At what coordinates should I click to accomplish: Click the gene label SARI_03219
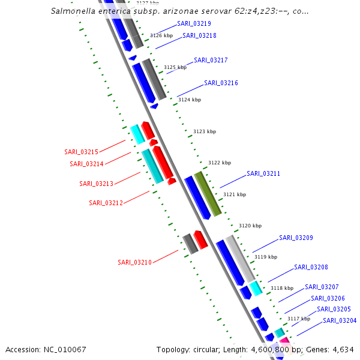pyautogui.click(x=194, y=24)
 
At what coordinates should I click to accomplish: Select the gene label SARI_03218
pyautogui.click(x=199, y=35)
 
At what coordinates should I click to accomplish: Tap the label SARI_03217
pyautogui.click(x=211, y=60)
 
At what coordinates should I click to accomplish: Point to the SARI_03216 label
pyautogui.click(x=221, y=83)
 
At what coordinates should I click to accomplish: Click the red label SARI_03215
pyautogui.click(x=81, y=152)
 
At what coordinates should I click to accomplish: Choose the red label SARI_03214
pyautogui.click(x=86, y=164)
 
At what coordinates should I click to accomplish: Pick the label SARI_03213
pyautogui.click(x=96, y=184)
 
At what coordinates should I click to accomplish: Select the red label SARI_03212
pyautogui.click(x=106, y=203)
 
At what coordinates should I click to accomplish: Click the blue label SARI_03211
pyautogui.click(x=263, y=173)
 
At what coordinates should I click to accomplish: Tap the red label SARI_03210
pyautogui.click(x=134, y=262)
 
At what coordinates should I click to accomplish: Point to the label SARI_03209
pyautogui.click(x=296, y=238)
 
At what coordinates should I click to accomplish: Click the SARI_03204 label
pyautogui.click(x=340, y=320)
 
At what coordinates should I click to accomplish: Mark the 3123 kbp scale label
pyautogui.click(x=204, y=131)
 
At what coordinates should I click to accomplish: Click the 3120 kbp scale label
pyautogui.click(x=250, y=226)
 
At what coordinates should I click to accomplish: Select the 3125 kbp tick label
pyautogui.click(x=175, y=68)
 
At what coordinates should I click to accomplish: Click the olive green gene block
pyautogui.click(x=208, y=193)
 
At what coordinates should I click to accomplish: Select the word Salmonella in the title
pyautogui.click(x=73, y=11)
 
